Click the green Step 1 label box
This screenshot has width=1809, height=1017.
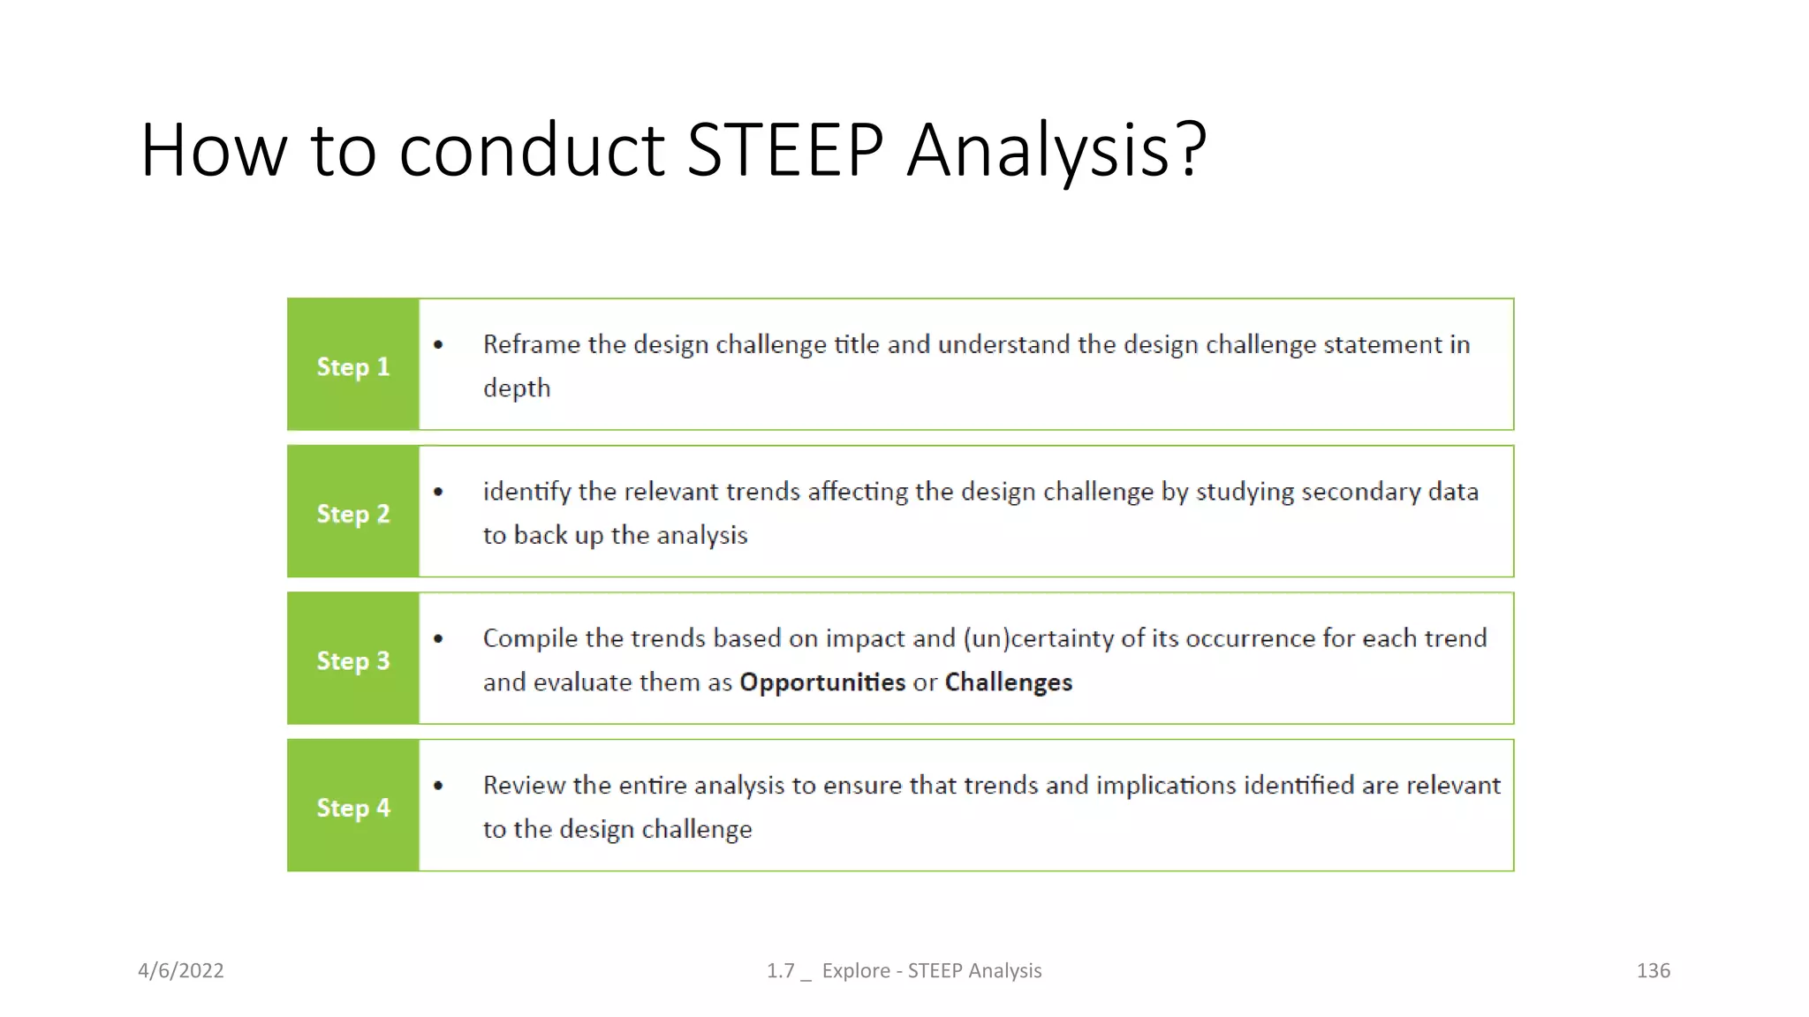[x=352, y=365]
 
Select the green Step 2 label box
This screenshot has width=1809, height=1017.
[x=352, y=512]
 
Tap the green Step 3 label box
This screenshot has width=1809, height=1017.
[x=352, y=659]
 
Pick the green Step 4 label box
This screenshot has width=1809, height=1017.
[x=352, y=806]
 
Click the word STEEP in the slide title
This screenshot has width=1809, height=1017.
[x=784, y=150]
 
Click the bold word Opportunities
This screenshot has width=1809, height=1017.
[x=821, y=682]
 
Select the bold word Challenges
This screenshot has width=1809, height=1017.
[x=1008, y=682]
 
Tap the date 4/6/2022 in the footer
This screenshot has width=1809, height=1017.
[x=181, y=970]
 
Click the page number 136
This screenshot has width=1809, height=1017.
[x=1653, y=970]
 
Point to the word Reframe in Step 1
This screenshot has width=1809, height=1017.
[x=531, y=344]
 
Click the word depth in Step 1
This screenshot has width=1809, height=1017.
[x=517, y=388]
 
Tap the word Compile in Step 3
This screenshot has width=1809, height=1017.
[x=530, y=638]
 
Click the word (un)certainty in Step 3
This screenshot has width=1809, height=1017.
[x=1038, y=638]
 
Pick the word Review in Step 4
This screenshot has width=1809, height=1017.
[x=524, y=786]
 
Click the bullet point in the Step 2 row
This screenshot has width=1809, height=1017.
[x=438, y=492]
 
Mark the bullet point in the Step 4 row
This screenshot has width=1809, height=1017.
[x=438, y=786]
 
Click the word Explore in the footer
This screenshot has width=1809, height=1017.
[x=855, y=970]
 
